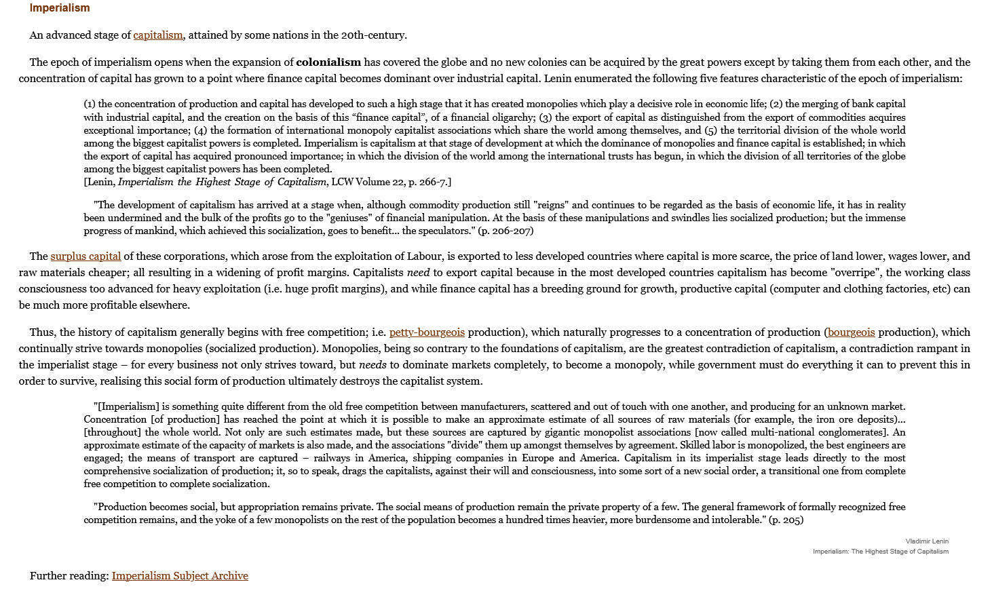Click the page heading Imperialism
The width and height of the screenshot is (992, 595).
(x=60, y=8)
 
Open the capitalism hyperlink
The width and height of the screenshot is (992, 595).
(x=158, y=35)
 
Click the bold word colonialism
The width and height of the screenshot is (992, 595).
(x=328, y=62)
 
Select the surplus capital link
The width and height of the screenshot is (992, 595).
(x=85, y=256)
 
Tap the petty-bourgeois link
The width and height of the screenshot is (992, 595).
(x=427, y=332)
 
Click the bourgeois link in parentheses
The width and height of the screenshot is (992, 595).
(x=851, y=332)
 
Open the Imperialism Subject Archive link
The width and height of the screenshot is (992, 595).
(x=180, y=576)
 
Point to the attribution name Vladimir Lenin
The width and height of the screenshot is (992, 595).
(x=927, y=541)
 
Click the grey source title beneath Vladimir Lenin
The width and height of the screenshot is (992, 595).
(x=880, y=552)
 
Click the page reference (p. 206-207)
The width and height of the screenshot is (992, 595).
(x=505, y=231)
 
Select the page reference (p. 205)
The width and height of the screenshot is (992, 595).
(x=786, y=520)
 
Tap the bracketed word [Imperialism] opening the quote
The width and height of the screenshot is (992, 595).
(x=127, y=406)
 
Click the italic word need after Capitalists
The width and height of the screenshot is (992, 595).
(x=418, y=273)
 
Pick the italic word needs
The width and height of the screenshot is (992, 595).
(x=373, y=365)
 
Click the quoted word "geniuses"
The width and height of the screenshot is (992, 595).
(x=349, y=218)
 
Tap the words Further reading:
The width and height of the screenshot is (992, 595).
(x=69, y=576)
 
